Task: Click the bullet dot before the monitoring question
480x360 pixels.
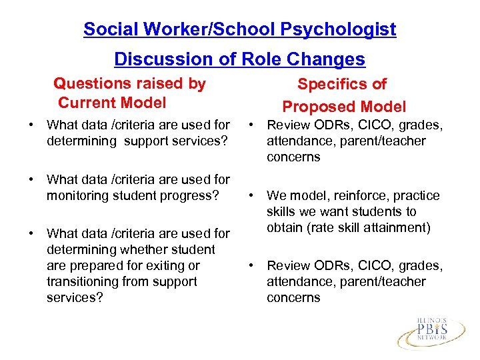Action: point(31,180)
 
